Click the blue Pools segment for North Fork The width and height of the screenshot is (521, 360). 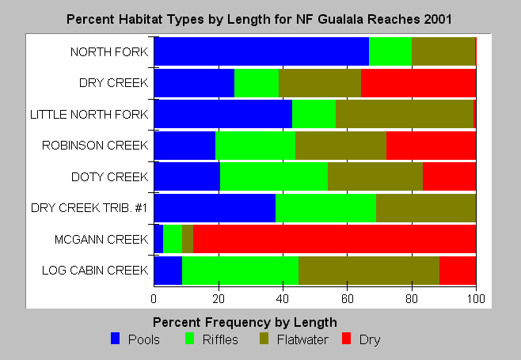261,51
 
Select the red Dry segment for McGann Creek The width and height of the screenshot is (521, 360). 334,239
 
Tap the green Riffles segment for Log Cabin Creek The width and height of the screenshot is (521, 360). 240,271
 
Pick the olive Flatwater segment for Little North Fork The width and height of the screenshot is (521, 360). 405,114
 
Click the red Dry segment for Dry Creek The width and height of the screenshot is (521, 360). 418,83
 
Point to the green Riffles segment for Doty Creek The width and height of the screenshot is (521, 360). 274,176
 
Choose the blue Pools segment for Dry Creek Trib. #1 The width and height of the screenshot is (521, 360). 215,208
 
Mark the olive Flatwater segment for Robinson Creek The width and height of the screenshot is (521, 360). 341,145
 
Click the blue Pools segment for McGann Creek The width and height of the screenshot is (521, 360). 158,239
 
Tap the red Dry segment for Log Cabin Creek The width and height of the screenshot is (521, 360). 458,271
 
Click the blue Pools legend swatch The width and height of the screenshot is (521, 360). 115,339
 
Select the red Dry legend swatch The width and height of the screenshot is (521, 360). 346,339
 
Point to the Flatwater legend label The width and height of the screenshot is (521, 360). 302,339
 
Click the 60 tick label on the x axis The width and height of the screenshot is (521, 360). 348,299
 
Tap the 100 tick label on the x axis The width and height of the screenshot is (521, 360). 476,299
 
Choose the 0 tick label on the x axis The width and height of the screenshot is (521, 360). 154,299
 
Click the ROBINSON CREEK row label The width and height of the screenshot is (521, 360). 95,145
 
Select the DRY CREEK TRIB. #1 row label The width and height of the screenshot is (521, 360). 89,208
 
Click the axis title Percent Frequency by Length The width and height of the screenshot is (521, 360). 245,322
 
